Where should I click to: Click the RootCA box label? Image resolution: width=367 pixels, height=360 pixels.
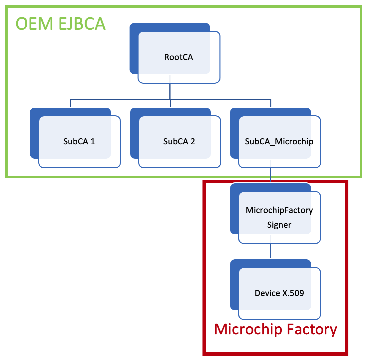[179, 57]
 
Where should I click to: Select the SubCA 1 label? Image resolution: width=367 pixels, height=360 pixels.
[79, 141]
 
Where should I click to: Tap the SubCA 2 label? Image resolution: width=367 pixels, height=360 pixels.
[179, 141]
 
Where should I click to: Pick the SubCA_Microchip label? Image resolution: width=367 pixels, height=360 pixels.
[279, 141]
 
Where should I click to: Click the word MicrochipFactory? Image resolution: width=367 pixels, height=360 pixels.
[279, 210]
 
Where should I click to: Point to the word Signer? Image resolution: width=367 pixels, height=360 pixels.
[279, 225]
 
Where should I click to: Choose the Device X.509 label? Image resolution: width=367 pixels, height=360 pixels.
[279, 293]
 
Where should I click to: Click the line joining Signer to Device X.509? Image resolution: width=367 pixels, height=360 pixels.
[270, 251]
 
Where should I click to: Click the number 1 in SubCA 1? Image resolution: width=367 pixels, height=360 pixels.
[93, 141]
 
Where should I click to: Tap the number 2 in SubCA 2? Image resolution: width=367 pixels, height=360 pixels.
[192, 141]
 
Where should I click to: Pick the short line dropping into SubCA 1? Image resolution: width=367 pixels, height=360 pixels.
[70, 103]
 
